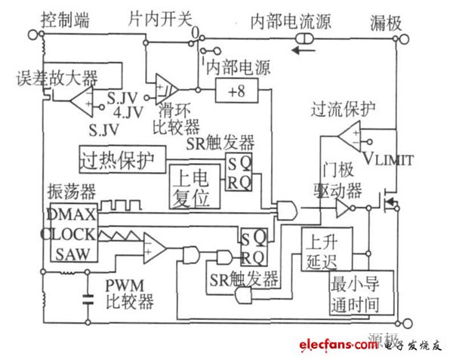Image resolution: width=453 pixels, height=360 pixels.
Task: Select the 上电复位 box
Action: point(195,186)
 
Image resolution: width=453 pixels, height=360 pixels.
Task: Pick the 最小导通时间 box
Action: point(360,295)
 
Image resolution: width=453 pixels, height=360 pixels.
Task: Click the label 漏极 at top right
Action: point(387,17)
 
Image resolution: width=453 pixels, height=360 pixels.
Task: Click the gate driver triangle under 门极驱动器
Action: point(344,208)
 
